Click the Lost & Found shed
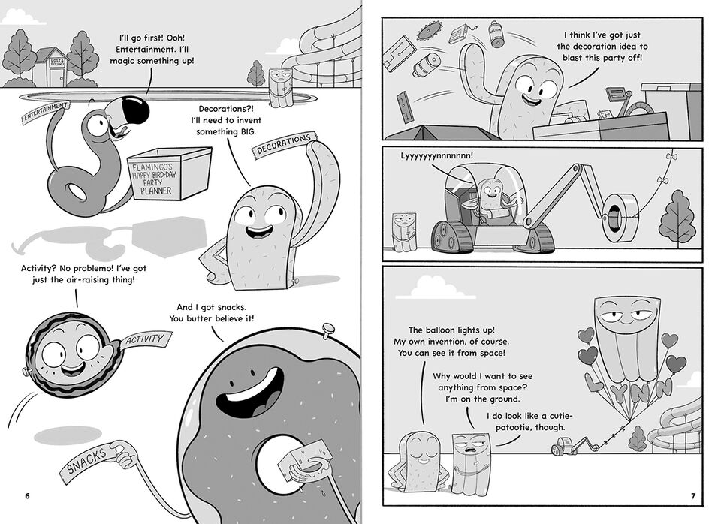(x=50, y=65)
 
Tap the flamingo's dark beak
(x=135, y=112)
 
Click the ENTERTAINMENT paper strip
(x=46, y=113)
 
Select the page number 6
(x=27, y=496)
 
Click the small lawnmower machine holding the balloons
(x=561, y=447)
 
